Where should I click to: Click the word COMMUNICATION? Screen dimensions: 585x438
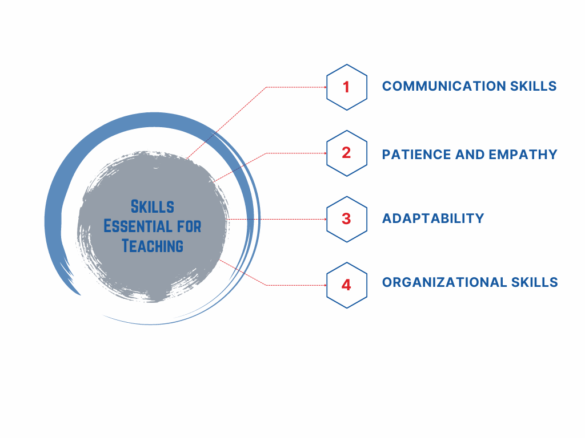point(444,86)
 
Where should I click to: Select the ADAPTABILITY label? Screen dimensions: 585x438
point(433,218)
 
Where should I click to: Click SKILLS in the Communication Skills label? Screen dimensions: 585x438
point(534,86)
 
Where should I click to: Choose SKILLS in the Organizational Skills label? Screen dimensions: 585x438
point(535,282)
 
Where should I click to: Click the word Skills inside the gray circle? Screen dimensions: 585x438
point(152,206)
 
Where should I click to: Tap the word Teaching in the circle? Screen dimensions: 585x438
point(153,246)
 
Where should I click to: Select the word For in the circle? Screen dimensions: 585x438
point(189,226)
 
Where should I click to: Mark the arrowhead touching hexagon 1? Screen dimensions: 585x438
point(325,87)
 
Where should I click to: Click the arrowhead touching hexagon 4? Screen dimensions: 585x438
point(325,285)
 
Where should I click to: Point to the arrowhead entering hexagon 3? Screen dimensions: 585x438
point(325,220)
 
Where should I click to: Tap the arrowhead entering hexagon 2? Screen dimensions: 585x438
point(325,153)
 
